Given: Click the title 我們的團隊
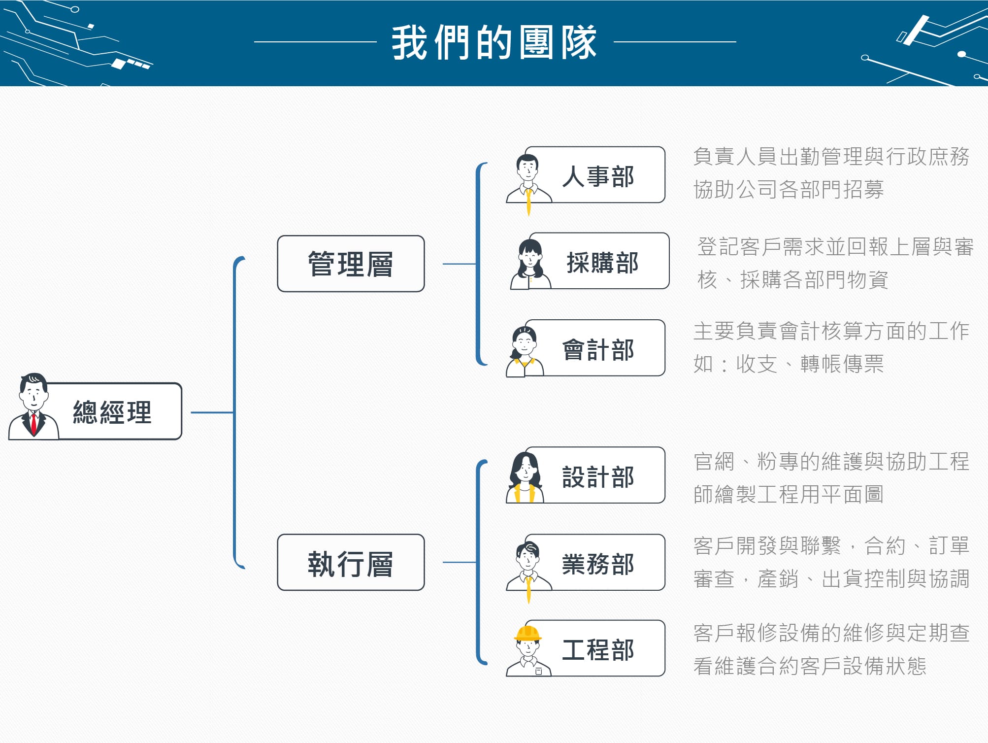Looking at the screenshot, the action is tap(494, 43).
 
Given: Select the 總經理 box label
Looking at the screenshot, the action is tap(112, 412).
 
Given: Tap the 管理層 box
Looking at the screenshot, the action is tap(351, 264).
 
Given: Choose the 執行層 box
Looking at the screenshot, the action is tap(351, 563).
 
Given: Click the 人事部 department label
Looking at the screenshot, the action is tap(598, 176).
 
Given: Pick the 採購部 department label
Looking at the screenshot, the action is tap(602, 263).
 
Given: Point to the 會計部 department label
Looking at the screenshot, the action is tap(598, 350).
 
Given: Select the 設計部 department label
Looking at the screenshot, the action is tap(598, 477).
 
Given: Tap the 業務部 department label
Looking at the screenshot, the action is tap(598, 564).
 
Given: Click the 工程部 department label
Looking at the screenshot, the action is tap(598, 650).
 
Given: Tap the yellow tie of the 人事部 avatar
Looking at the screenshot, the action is tap(528, 202).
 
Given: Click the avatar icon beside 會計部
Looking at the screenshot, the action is tap(525, 351).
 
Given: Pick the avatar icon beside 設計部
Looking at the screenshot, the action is tap(525, 477).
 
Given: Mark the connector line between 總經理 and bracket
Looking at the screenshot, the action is tap(212, 412).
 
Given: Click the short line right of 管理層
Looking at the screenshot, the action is tap(460, 264).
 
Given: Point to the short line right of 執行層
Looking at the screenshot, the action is tap(460, 562).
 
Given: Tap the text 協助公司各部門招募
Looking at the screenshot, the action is tap(789, 190).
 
